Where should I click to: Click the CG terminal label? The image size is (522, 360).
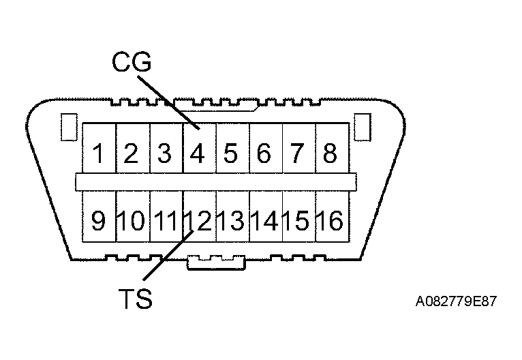[132, 62]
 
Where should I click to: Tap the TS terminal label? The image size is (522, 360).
[136, 299]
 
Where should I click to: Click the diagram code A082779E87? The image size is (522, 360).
[456, 301]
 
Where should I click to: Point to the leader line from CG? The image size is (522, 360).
[168, 102]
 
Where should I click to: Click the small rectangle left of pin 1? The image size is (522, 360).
[70, 127]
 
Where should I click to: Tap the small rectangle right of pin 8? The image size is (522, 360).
[363, 127]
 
